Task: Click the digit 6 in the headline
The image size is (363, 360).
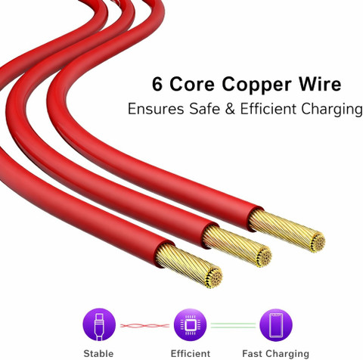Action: pyautogui.click(x=157, y=84)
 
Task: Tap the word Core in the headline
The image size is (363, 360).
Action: pyautogui.click(x=192, y=84)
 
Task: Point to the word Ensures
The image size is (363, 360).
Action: pyautogui.click(x=156, y=109)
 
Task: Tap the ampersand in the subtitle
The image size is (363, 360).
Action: pyautogui.click(x=230, y=109)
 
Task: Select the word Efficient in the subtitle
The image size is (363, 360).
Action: pyautogui.click(x=268, y=109)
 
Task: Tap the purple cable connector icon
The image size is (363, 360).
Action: pyautogui.click(x=99, y=324)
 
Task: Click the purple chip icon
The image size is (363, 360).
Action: pyautogui.click(x=190, y=324)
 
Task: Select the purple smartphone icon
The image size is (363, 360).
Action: pyautogui.click(x=276, y=324)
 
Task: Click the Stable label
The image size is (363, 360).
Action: pyautogui.click(x=98, y=353)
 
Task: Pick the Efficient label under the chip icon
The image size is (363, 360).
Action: pyautogui.click(x=191, y=353)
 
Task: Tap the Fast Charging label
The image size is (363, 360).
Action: pyautogui.click(x=275, y=354)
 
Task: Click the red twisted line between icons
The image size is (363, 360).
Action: pyautogui.click(x=144, y=326)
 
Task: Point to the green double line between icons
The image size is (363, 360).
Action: pyautogui.click(x=233, y=325)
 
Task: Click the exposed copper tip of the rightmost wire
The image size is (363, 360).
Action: pyautogui.click(x=287, y=231)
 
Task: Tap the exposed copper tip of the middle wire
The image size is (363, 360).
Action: pyautogui.click(x=237, y=246)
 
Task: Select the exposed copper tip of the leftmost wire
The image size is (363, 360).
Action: pyautogui.click(x=189, y=265)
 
